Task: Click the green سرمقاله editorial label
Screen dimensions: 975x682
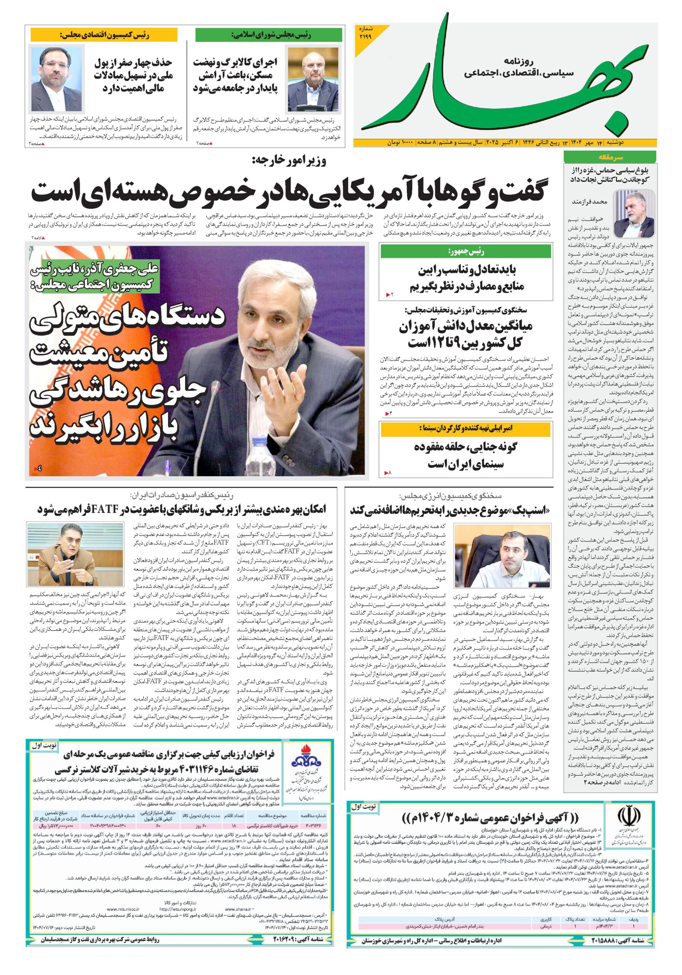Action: pyautogui.click(x=609, y=157)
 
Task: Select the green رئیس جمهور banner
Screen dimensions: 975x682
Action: pyautogui.click(x=467, y=252)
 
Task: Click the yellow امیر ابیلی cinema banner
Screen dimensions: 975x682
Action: pyautogui.click(x=467, y=428)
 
